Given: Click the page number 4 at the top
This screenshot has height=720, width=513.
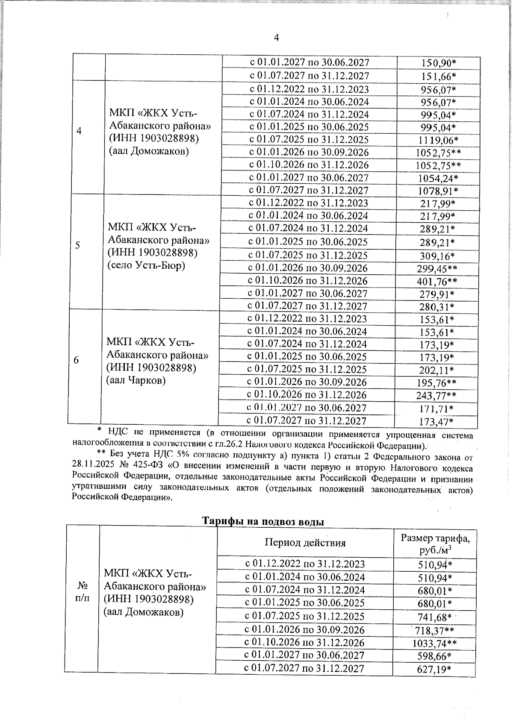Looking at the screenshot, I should (277, 38).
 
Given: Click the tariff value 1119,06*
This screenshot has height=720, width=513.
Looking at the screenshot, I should (438, 141).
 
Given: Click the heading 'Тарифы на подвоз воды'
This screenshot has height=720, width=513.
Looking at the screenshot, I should (263, 522).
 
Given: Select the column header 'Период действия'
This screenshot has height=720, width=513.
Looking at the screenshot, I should (305, 543).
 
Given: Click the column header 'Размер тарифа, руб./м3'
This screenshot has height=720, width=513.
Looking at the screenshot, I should (435, 544).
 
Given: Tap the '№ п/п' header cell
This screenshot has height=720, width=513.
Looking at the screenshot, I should (82, 591).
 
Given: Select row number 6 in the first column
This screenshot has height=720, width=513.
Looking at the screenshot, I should (76, 361).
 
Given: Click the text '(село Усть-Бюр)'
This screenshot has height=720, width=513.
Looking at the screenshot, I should (146, 265).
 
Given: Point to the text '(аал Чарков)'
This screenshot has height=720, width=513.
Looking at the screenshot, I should (136, 380).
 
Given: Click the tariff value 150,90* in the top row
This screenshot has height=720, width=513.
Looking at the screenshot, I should (439, 63).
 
